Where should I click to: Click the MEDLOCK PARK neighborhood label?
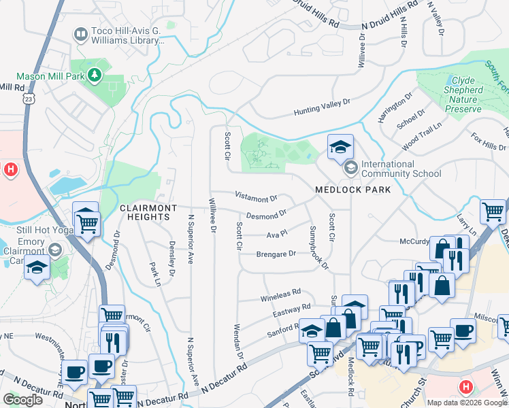353,190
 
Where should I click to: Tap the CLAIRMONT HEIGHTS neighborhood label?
148,211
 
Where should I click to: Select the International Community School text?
401,169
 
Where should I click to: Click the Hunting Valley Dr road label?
321,107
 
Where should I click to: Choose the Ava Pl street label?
274,234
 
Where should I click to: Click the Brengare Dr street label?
276,254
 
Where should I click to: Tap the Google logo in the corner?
22,400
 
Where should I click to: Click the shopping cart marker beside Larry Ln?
493,211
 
